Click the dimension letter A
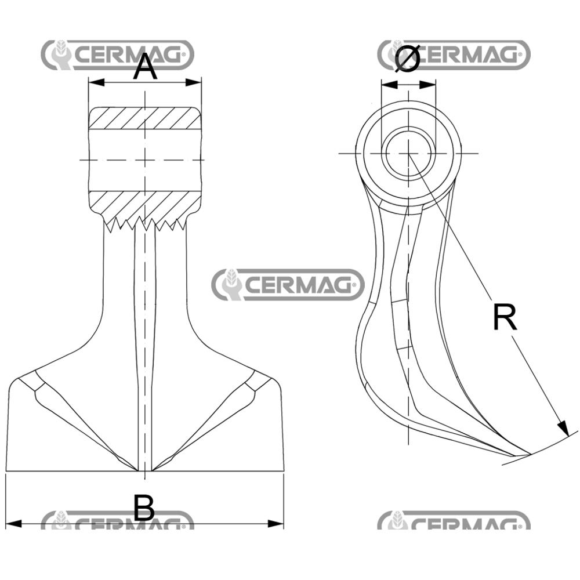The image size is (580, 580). (x=145, y=68)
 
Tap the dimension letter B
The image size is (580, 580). (x=144, y=509)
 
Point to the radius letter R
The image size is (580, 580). (x=504, y=317)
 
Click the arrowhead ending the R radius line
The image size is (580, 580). (x=563, y=429)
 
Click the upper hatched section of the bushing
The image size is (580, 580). (x=144, y=118)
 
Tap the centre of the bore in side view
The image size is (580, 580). (x=408, y=153)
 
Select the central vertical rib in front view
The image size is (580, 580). (x=144, y=348)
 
